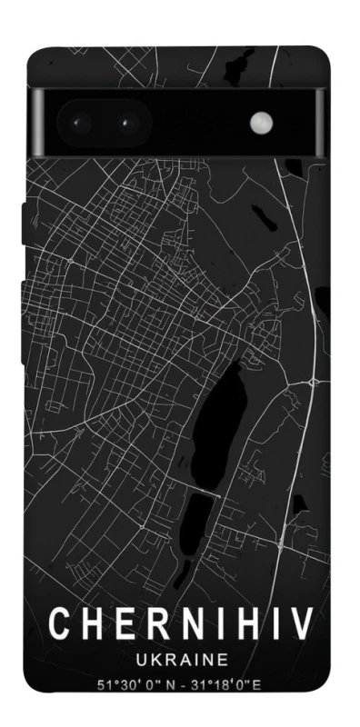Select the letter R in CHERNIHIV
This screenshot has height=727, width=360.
[155, 623]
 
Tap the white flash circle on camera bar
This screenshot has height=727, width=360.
[263, 121]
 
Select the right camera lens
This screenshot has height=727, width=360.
[125, 121]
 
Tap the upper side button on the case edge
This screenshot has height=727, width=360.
[24, 223]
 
